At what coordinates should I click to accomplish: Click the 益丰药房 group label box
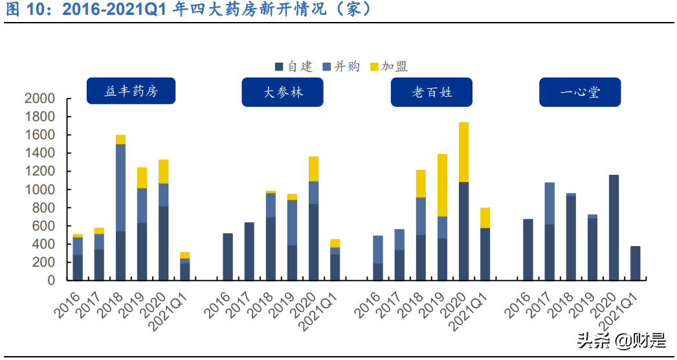tap(131, 92)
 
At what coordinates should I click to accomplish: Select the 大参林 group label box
tap(283, 93)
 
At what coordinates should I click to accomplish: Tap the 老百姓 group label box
tap(432, 93)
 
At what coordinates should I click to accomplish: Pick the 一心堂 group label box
tap(580, 93)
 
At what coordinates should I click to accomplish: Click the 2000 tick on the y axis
tap(39, 99)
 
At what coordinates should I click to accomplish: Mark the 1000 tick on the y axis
tap(39, 190)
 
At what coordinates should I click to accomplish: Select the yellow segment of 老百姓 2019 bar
tap(443, 185)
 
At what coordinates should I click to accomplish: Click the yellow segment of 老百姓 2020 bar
tap(463, 152)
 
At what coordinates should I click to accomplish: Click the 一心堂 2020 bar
tap(614, 227)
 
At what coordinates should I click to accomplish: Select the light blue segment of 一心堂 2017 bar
tap(549, 203)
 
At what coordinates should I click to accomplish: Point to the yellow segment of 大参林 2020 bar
tap(313, 169)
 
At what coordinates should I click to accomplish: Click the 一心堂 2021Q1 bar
tap(635, 263)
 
